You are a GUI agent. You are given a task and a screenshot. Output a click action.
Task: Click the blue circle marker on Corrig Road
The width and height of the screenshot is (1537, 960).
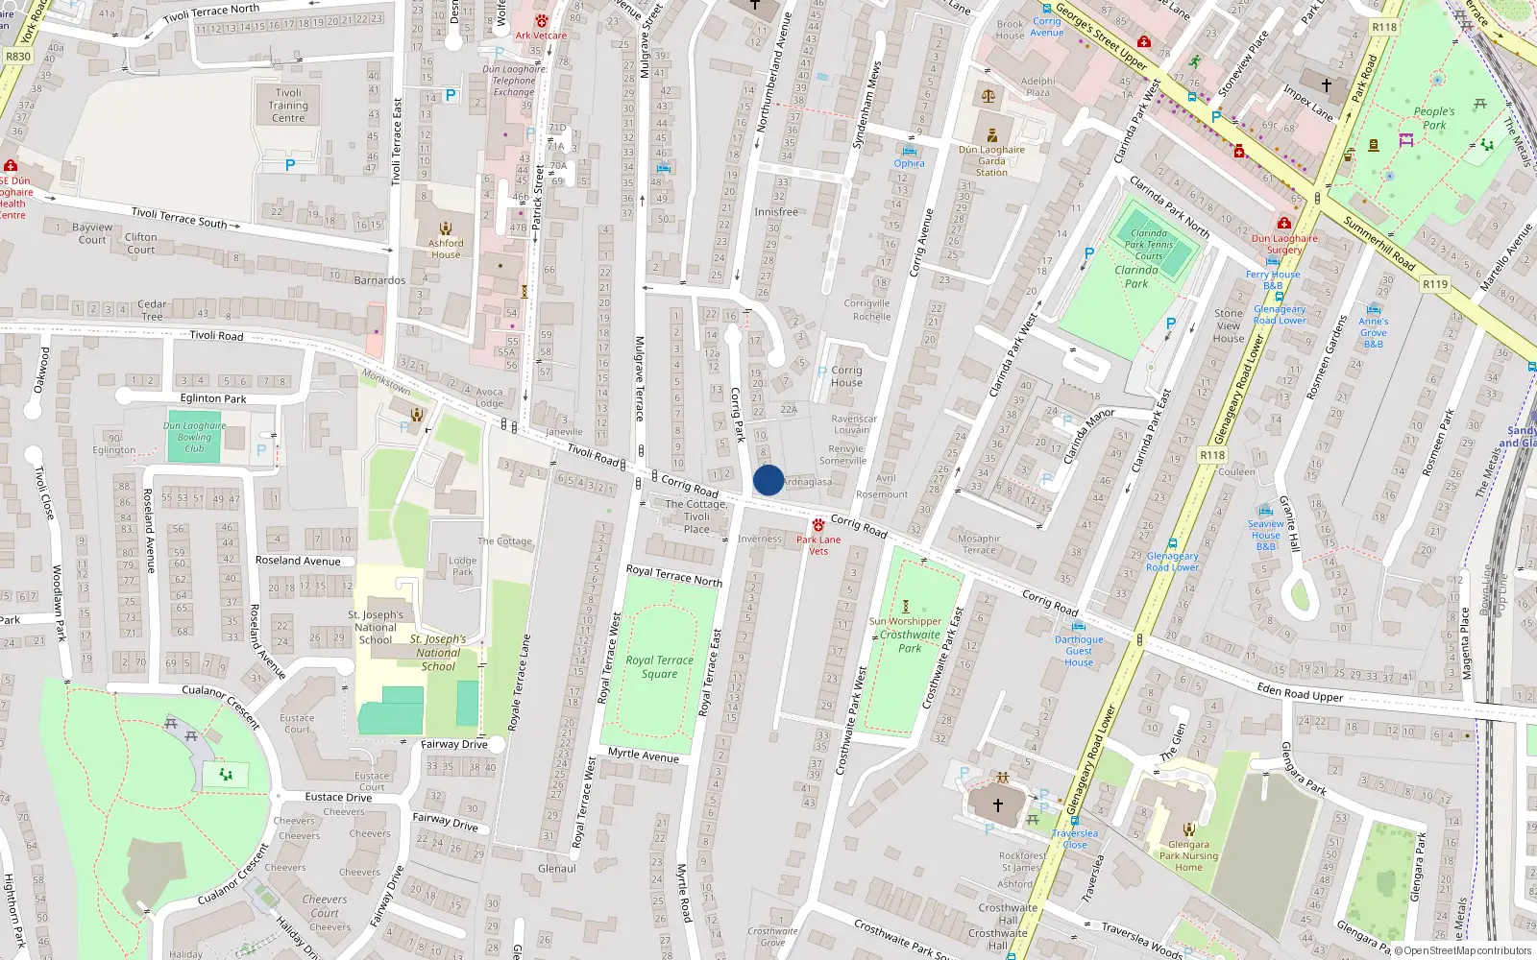point(768,480)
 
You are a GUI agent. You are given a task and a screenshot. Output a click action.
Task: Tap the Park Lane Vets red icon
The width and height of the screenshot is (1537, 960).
point(818,525)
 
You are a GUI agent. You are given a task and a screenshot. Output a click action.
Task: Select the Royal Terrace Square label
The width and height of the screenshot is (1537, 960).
point(659,666)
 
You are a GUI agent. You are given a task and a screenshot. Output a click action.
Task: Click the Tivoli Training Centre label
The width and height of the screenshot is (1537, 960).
point(288,106)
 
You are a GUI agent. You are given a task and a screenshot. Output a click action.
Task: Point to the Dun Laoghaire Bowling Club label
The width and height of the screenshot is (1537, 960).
point(194,437)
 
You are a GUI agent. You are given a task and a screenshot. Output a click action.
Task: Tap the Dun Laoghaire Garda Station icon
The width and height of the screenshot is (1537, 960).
point(992,135)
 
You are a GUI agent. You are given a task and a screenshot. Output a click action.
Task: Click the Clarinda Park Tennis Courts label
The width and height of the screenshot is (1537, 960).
point(1149,245)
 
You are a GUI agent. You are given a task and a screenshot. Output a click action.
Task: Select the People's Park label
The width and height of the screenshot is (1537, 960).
point(1434,118)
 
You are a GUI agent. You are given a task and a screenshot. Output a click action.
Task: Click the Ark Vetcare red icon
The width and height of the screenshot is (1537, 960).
point(542,21)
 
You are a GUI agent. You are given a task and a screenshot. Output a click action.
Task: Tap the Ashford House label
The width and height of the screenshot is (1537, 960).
point(446,249)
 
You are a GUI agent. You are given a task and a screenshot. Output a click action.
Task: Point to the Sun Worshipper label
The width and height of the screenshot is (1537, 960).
point(905,621)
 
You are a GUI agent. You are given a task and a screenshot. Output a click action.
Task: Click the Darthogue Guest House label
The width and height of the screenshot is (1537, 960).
point(1079,650)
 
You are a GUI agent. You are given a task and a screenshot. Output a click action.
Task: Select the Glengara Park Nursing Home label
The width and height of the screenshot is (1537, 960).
point(1188,855)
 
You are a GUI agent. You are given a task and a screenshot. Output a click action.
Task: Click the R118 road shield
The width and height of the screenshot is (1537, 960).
point(1212,455)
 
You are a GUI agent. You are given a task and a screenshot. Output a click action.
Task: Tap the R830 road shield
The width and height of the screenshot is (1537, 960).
point(18,57)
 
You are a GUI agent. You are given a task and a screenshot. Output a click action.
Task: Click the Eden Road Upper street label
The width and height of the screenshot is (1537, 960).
point(1300,692)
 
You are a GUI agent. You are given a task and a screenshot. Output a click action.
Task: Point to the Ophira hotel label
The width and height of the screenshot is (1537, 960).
point(909,163)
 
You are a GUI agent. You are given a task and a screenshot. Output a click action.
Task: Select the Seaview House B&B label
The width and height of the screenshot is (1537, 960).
point(1266,535)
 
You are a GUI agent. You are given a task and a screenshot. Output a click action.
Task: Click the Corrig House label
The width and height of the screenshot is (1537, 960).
point(846,376)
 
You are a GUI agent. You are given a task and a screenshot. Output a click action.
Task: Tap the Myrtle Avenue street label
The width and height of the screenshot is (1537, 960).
point(644,755)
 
